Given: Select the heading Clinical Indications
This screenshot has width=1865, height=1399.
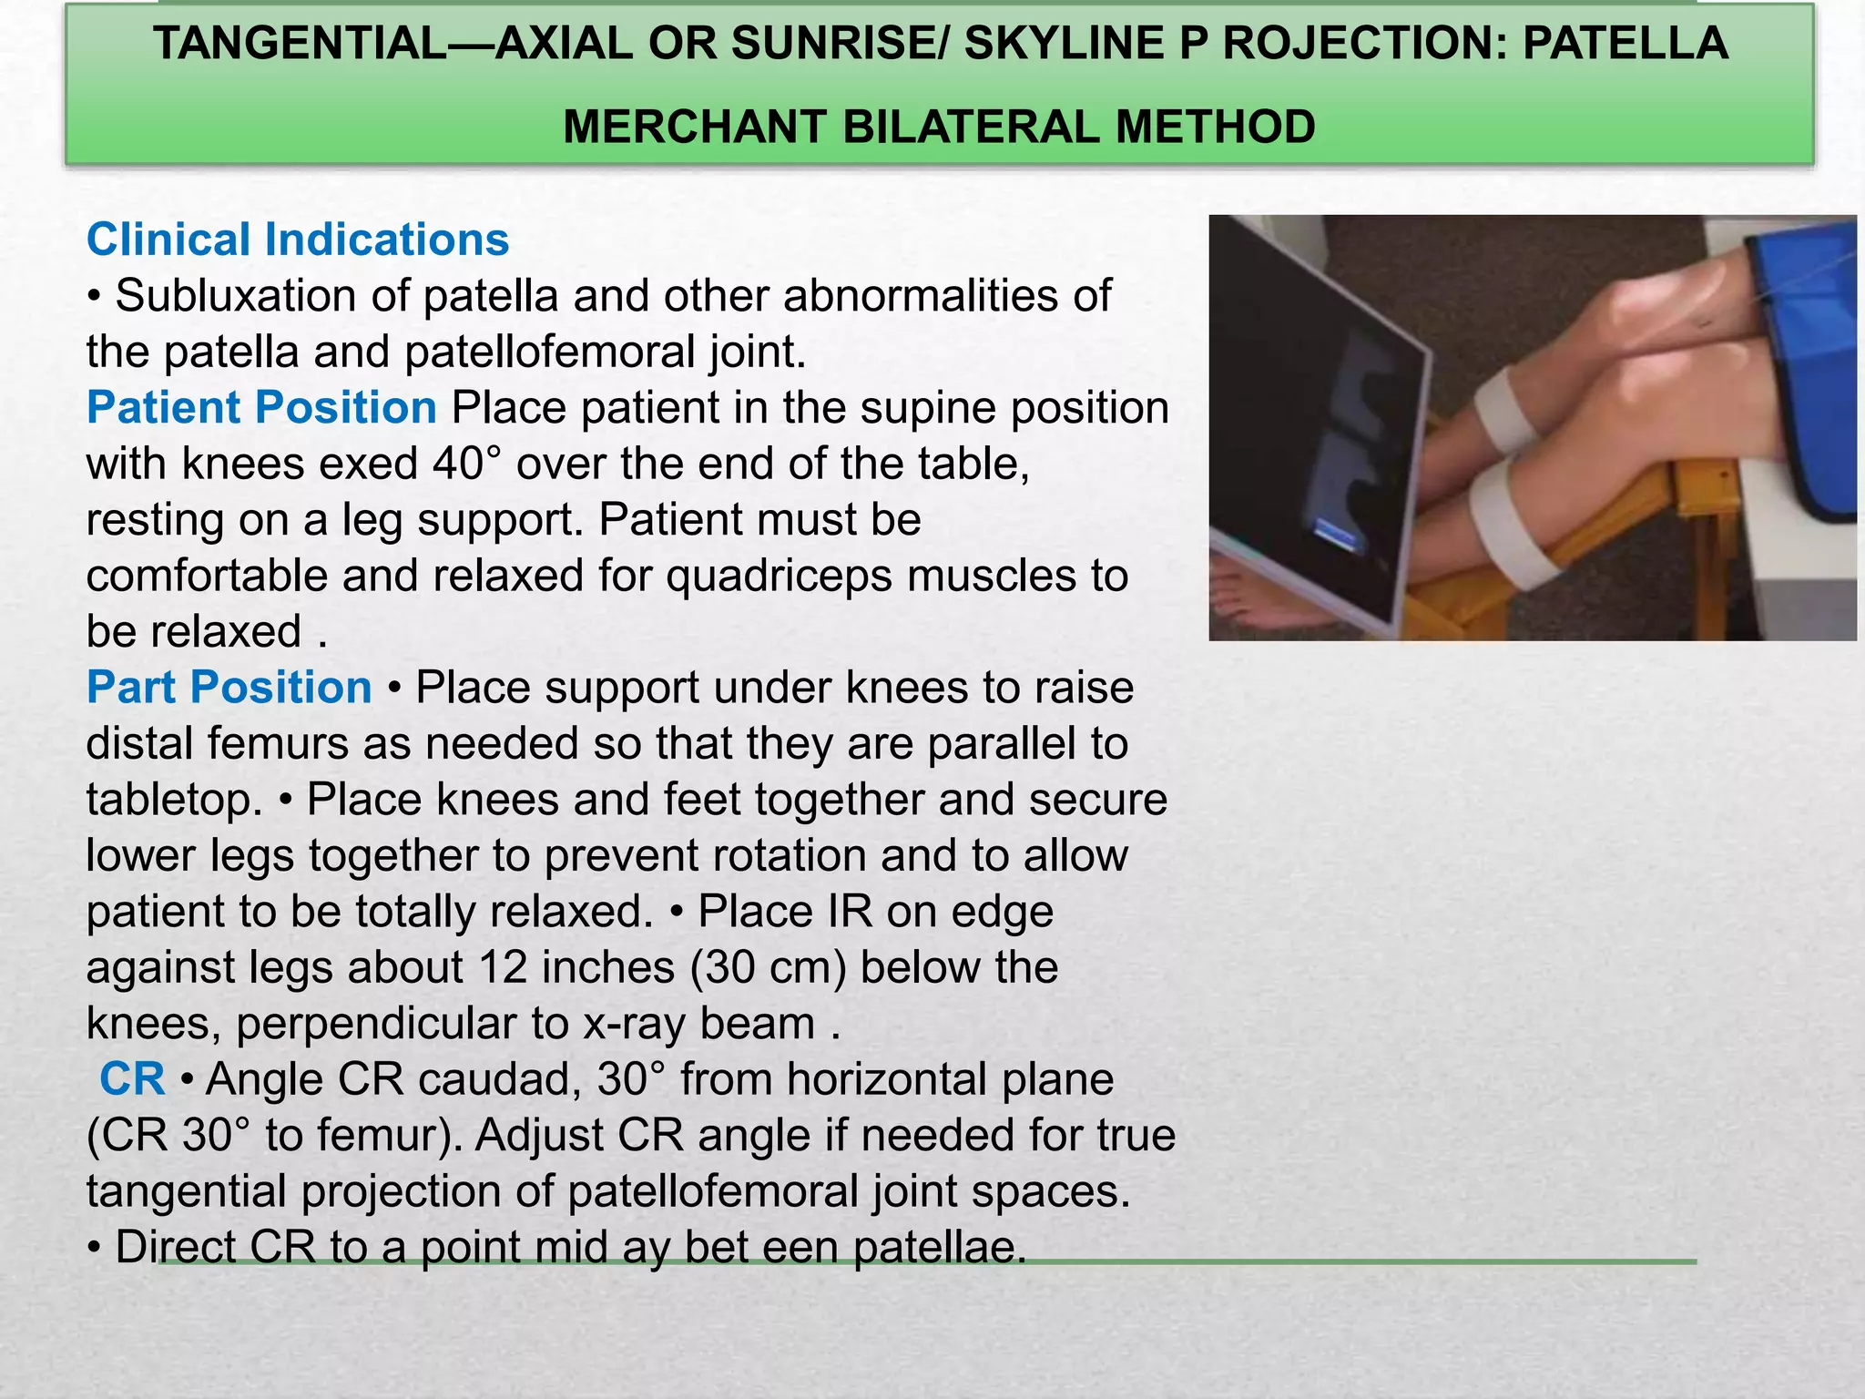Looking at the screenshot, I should pyautogui.click(x=297, y=240).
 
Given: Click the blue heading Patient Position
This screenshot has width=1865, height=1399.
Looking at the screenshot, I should pyautogui.click(x=261, y=407).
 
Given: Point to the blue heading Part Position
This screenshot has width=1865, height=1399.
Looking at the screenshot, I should pyautogui.click(x=229, y=687).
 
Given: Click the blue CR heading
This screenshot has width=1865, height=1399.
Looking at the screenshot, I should pyautogui.click(x=133, y=1079).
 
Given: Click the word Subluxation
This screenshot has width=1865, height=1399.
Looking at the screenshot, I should pyautogui.click(x=261, y=296).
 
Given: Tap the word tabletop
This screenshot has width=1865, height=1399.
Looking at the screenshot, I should pyautogui.click(x=173, y=800).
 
